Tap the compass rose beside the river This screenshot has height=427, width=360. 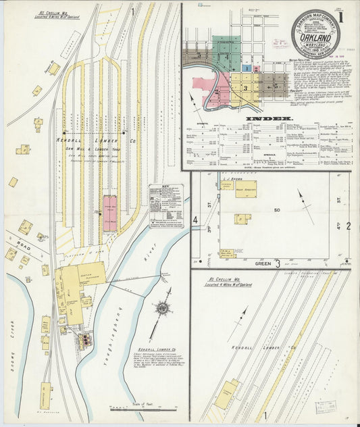162,310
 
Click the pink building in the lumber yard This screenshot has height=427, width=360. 109,214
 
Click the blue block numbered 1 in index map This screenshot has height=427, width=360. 248,68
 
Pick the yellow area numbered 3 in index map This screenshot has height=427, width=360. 246,87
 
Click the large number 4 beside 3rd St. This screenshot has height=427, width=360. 195,220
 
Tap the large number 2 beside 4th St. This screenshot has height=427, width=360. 349,225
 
